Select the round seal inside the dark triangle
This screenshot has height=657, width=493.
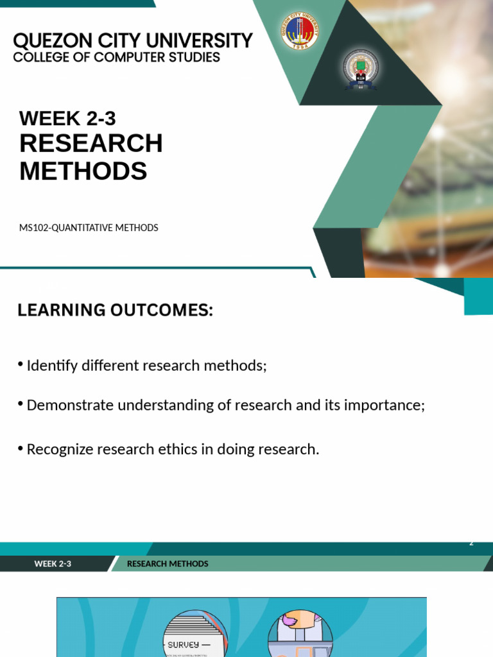[361, 69]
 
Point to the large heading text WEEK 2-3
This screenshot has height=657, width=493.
[67, 118]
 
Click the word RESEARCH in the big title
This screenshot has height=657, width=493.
[91, 143]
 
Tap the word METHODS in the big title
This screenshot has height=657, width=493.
[83, 171]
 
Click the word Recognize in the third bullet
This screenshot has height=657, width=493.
[60, 450]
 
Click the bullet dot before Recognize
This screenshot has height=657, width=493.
[21, 447]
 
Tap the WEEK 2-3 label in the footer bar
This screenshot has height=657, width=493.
[53, 564]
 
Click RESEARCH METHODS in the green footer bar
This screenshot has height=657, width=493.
[168, 564]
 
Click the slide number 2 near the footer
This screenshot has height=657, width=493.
[471, 543]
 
